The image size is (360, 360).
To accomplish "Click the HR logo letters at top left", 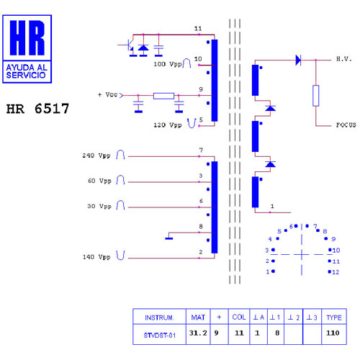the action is [27, 37].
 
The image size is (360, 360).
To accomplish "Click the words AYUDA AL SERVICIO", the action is [26, 71].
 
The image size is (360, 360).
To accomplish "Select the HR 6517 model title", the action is [37, 109].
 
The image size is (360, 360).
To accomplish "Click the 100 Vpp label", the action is [168, 64].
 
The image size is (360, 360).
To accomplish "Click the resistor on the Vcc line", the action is [163, 96].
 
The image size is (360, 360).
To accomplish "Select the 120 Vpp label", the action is [168, 125].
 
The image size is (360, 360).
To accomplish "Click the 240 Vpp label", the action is [96, 156].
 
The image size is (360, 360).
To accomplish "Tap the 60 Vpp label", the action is [99, 181].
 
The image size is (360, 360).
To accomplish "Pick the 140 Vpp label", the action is [96, 257].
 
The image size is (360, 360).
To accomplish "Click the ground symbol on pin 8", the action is [169, 238].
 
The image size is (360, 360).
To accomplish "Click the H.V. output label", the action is [343, 59].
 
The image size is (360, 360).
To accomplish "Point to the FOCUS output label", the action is [346, 125].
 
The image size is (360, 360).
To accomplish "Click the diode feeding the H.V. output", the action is [298, 60].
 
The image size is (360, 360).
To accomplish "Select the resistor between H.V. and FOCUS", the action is [316, 96].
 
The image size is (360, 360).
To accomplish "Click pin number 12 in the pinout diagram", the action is [336, 272].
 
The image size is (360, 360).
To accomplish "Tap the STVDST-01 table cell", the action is [160, 335].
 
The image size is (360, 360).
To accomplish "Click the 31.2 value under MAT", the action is [198, 333].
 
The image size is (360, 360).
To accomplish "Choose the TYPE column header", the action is [334, 318].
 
